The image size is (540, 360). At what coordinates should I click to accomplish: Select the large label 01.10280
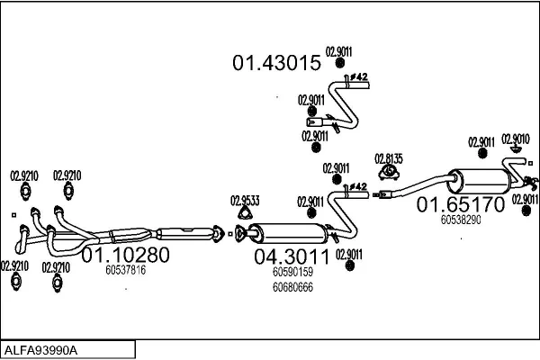[125, 255]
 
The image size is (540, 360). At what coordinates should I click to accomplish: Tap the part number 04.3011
[292, 256]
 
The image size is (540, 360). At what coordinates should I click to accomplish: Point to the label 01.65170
[460, 205]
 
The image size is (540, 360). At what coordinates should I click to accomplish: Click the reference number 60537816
[125, 269]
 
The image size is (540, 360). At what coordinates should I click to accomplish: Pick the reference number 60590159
[292, 272]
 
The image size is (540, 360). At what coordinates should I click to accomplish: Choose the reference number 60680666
[292, 287]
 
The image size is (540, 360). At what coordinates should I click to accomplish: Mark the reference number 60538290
[461, 219]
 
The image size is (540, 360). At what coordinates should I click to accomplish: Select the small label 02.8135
[389, 158]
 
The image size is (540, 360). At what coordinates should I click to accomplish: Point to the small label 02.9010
[515, 139]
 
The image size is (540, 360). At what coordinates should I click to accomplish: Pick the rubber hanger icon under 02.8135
[389, 173]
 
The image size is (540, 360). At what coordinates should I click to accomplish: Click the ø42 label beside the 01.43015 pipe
[357, 78]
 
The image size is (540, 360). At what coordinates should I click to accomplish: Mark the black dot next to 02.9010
[515, 148]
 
